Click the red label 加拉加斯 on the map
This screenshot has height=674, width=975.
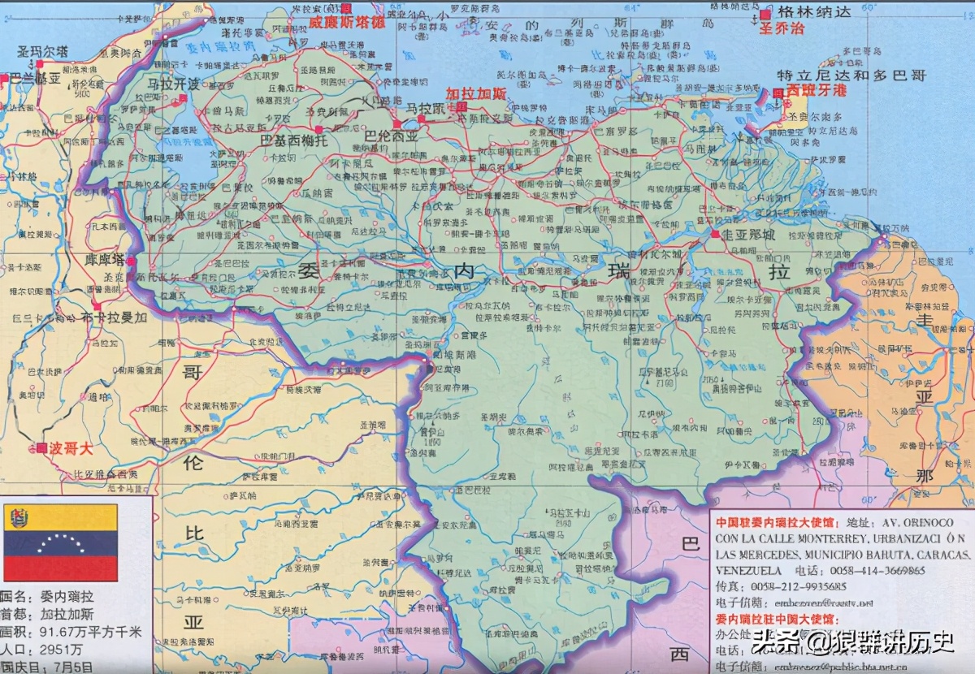click(475, 93)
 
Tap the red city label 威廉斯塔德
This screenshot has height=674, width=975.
click(346, 22)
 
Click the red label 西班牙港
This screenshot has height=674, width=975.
click(816, 91)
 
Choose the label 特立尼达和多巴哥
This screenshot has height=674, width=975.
click(851, 75)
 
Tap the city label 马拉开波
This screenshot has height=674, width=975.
click(173, 84)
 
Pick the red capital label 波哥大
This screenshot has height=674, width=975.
click(71, 447)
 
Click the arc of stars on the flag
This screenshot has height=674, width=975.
click(61, 542)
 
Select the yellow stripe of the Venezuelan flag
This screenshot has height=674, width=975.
click(61, 516)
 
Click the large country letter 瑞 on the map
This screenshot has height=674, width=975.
click(621, 270)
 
